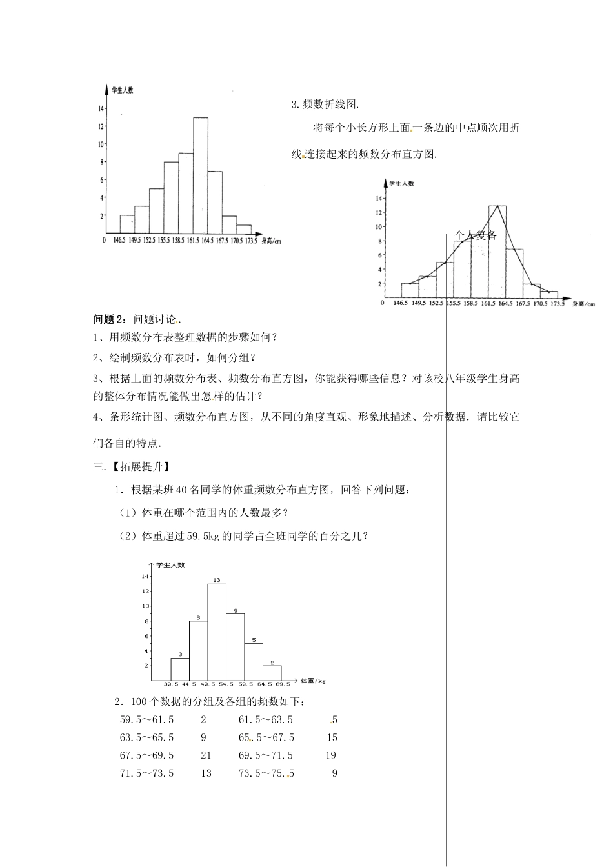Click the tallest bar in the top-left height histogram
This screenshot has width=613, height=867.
[x=201, y=175]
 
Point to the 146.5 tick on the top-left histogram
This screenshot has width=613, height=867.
[x=119, y=241]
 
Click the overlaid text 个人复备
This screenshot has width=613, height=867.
[x=476, y=235]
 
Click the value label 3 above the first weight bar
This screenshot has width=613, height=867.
[x=180, y=654]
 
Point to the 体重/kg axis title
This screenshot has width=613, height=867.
[x=314, y=680]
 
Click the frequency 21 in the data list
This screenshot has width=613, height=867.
[x=206, y=755]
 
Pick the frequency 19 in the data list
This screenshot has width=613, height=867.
[x=331, y=755]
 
